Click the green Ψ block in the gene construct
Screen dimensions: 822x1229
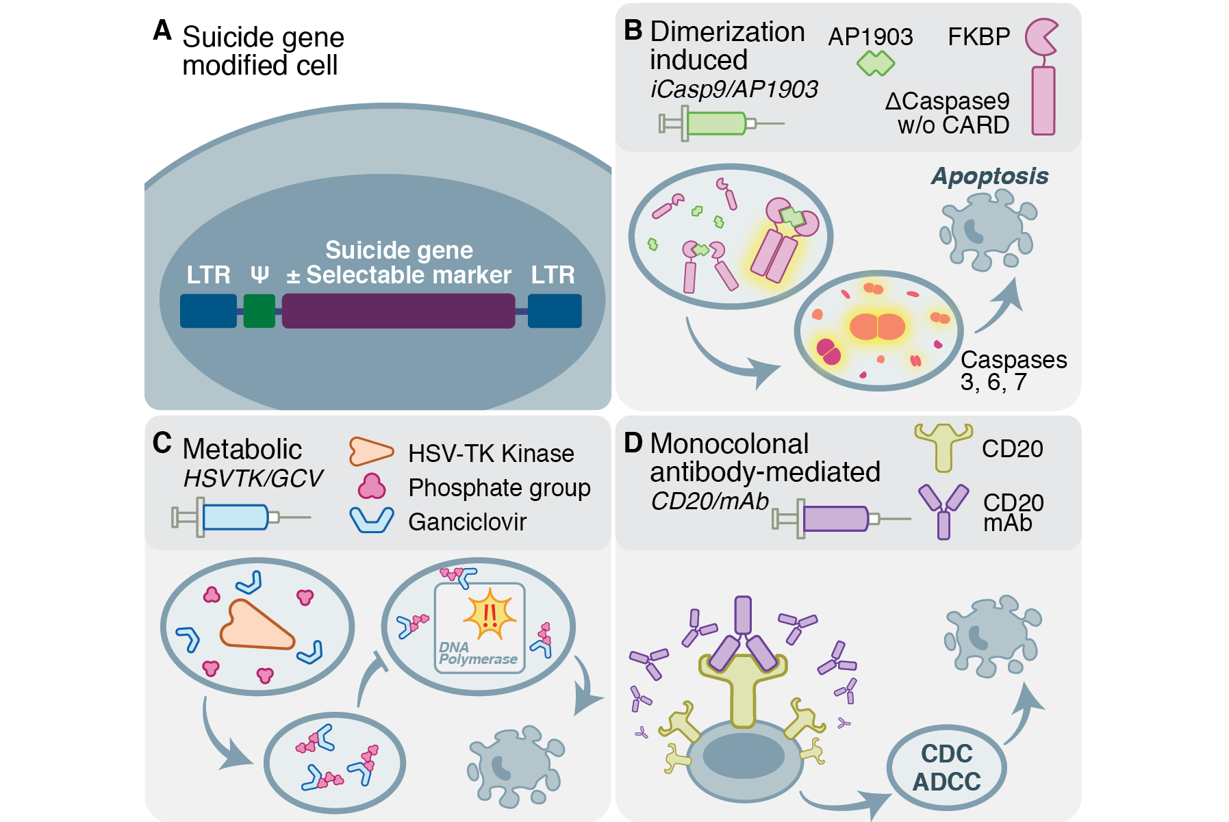point(259,311)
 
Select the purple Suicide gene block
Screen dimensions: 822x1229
point(398,311)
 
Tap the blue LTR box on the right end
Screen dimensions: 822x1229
point(554,311)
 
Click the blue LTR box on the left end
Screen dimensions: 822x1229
point(208,311)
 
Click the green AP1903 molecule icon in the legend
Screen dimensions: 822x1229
point(875,64)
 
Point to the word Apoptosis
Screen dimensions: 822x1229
point(989,176)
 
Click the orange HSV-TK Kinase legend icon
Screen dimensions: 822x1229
point(370,452)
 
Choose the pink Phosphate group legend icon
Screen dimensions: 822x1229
point(372,487)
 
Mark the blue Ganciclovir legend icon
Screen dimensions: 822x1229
point(372,520)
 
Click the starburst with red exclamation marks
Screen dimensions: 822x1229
point(489,614)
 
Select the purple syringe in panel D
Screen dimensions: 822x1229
point(835,519)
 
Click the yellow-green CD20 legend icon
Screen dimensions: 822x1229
point(943,446)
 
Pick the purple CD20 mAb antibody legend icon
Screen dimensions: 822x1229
point(943,510)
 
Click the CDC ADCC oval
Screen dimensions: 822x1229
point(946,767)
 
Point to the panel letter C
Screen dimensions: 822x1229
point(162,443)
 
